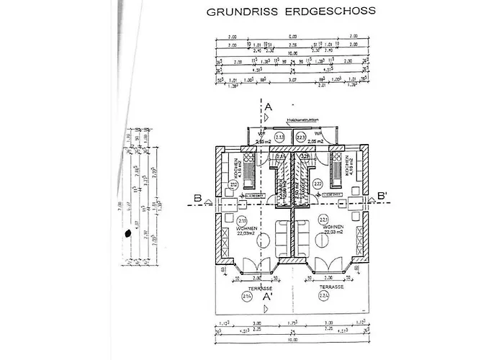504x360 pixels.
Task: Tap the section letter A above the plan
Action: coord(269,107)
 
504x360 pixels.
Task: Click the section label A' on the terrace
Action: coord(268,295)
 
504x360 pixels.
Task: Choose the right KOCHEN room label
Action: coord(348,170)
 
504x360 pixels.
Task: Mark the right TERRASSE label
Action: coord(333,286)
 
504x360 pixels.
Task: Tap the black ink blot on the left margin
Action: coord(127,233)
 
